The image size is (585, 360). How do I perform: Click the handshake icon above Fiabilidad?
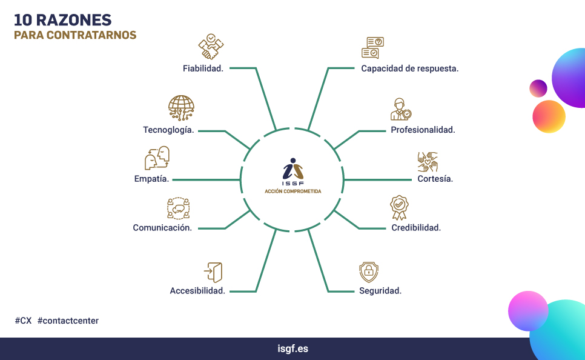coord(211,47)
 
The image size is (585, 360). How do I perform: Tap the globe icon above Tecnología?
coord(181,108)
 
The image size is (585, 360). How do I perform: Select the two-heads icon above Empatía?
coord(157,158)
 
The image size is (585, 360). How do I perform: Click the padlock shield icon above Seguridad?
coord(369,272)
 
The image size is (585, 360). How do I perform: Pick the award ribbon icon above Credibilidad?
coord(399,208)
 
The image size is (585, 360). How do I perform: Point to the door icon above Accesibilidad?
coord(213,272)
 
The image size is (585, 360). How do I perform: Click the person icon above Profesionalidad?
coord(401,109)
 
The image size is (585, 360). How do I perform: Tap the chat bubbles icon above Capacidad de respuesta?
coord(372,47)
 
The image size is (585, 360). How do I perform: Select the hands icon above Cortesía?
coord(428,162)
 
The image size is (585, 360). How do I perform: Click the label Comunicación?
coord(162,228)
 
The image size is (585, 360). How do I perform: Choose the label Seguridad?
coord(380,290)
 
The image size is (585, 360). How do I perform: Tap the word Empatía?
coord(151,179)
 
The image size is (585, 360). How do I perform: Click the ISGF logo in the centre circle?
coord(293,172)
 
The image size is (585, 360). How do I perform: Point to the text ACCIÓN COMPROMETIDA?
coord(293,191)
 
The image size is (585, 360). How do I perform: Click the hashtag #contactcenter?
coord(68,321)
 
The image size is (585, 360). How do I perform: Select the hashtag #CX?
coord(23,321)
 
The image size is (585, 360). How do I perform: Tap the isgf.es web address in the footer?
coord(293,349)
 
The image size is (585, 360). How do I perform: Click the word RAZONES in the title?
coord(73,20)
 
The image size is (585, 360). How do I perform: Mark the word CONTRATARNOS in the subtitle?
coord(91,35)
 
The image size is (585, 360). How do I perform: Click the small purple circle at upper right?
coord(538,88)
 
